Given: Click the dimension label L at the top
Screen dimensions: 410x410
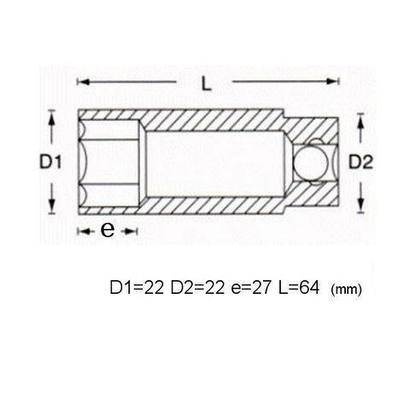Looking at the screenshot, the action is pyautogui.click(x=207, y=85).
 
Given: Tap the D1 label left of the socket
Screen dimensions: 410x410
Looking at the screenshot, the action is pyautogui.click(x=50, y=162).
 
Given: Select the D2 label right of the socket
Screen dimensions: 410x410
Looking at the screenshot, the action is pyautogui.click(x=360, y=162).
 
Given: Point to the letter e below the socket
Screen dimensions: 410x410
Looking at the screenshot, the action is pyautogui.click(x=108, y=230).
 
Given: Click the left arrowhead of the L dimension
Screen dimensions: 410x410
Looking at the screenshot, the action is pyautogui.click(x=84, y=82).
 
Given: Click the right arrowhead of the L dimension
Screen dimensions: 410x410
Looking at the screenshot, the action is pyautogui.click(x=332, y=82).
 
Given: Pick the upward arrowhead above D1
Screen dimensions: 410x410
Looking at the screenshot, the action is pyautogui.click(x=51, y=118).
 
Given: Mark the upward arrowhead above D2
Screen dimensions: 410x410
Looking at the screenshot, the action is pyautogui.click(x=360, y=120).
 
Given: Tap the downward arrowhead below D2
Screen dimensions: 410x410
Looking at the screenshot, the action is pyautogui.click(x=360, y=205).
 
